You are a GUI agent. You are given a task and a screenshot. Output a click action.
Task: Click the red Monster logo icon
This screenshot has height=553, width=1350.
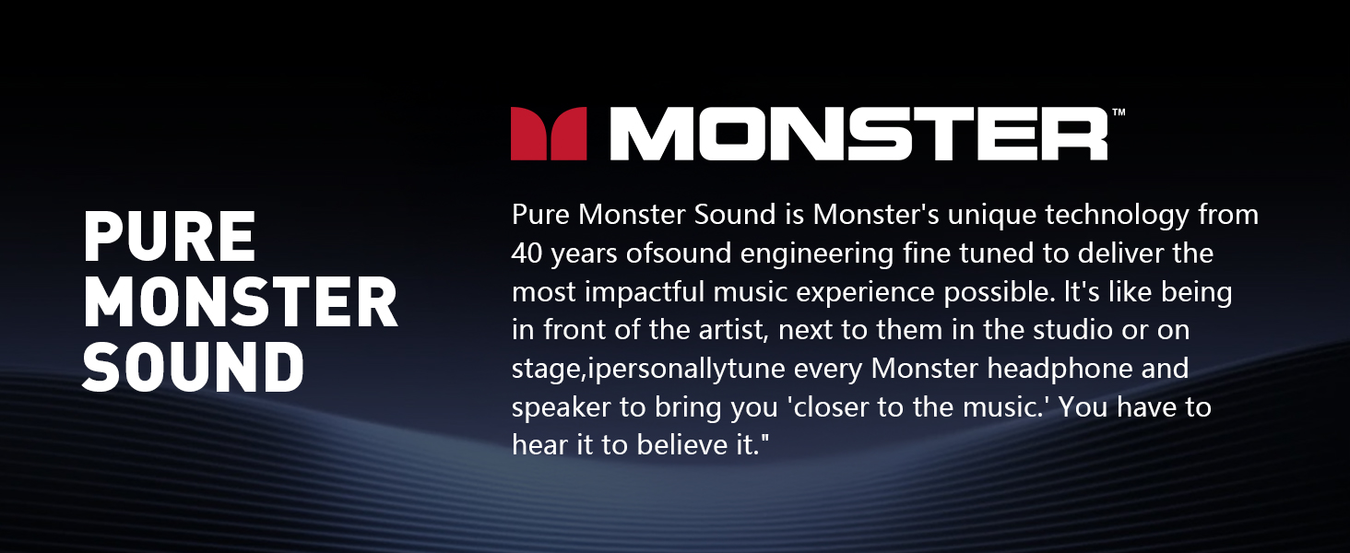pos(549,134)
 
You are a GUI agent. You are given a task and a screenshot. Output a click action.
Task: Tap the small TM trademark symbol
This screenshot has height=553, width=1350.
pos(1119,112)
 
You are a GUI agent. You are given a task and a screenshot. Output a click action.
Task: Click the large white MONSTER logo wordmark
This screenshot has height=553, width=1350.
pos(859,135)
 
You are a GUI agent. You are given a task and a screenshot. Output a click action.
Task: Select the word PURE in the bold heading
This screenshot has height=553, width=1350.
pos(169,237)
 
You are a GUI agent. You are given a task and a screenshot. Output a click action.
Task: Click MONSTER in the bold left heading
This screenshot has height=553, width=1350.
pos(240,301)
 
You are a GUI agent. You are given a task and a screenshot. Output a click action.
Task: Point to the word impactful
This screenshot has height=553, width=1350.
pos(669,292)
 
